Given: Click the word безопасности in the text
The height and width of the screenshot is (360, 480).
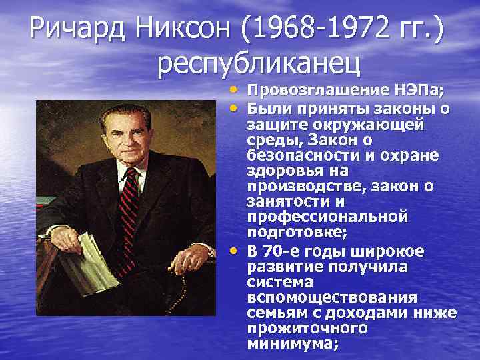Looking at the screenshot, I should [x=290, y=155].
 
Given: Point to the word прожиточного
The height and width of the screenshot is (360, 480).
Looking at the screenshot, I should [x=307, y=328].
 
